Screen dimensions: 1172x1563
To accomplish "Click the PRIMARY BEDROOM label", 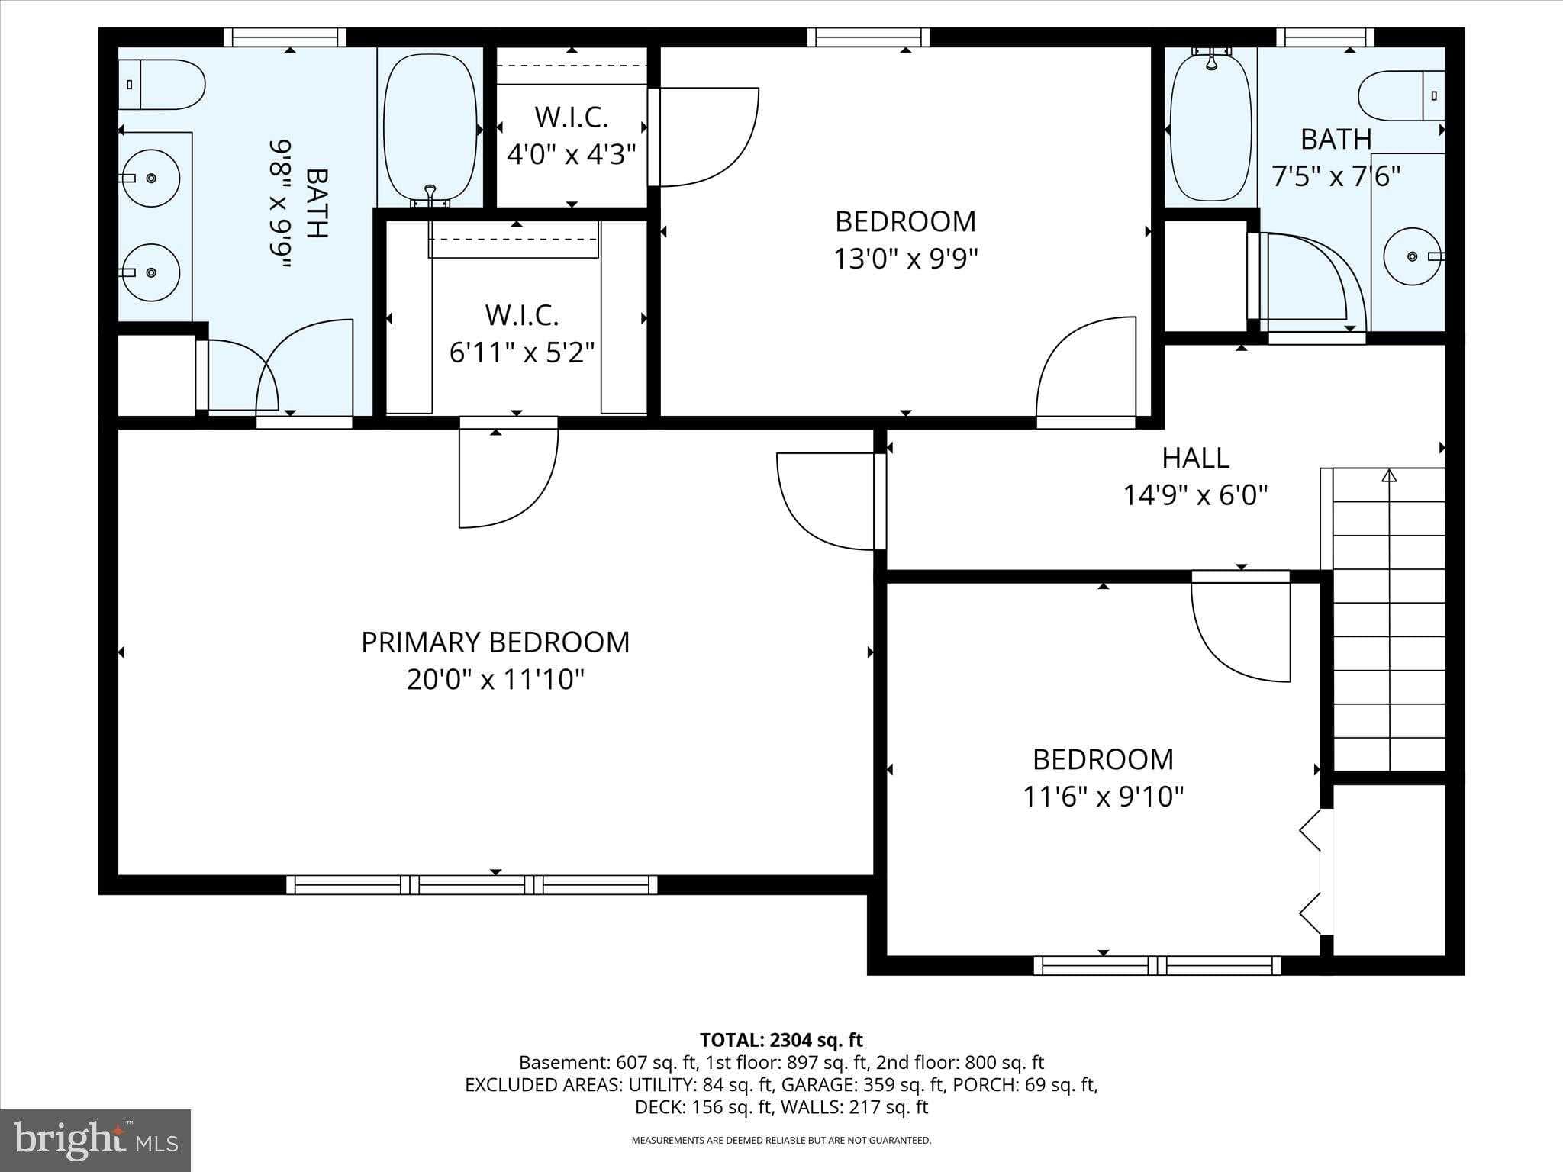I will click(x=495, y=642).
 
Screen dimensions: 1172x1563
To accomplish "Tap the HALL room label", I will click(x=1195, y=458).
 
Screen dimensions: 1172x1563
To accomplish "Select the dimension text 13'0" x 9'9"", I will click(x=905, y=259).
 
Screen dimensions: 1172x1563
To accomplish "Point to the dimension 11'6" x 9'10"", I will click(x=1103, y=797).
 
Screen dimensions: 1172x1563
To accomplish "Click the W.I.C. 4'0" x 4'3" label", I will click(x=572, y=136).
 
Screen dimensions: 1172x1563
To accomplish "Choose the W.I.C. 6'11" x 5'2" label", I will click(x=522, y=333).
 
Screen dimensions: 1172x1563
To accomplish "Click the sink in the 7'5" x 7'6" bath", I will click(x=1413, y=256).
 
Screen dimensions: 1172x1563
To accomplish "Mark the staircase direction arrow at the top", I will click(x=1389, y=476).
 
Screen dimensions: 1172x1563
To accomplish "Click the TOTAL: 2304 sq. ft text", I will click(x=781, y=1040).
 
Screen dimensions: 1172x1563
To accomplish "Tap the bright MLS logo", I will click(x=95, y=1141).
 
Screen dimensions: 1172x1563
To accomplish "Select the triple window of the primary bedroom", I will click(x=472, y=885).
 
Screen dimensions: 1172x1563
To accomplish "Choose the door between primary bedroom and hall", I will click(x=828, y=501).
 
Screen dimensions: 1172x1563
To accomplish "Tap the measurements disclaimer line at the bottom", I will click(x=781, y=1141).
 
